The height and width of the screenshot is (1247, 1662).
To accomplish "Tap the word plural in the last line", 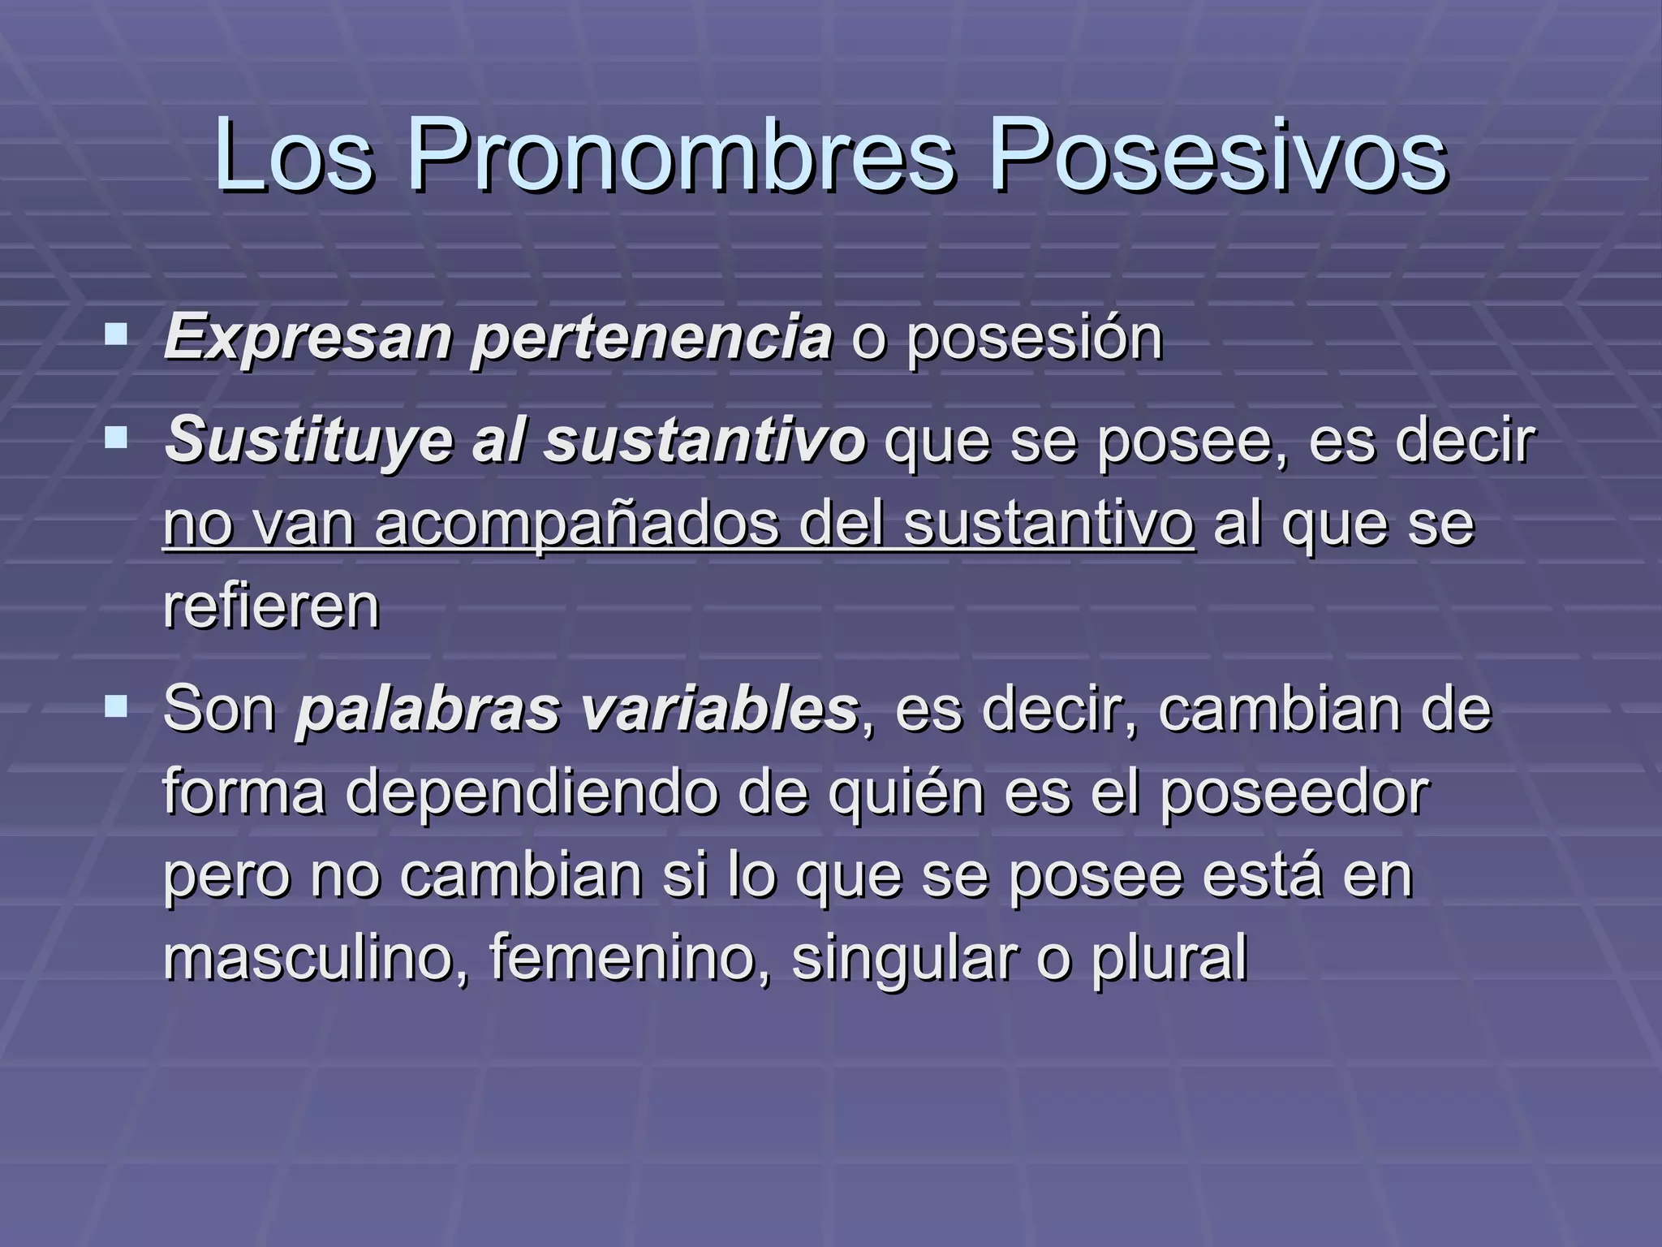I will coord(1169,958).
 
